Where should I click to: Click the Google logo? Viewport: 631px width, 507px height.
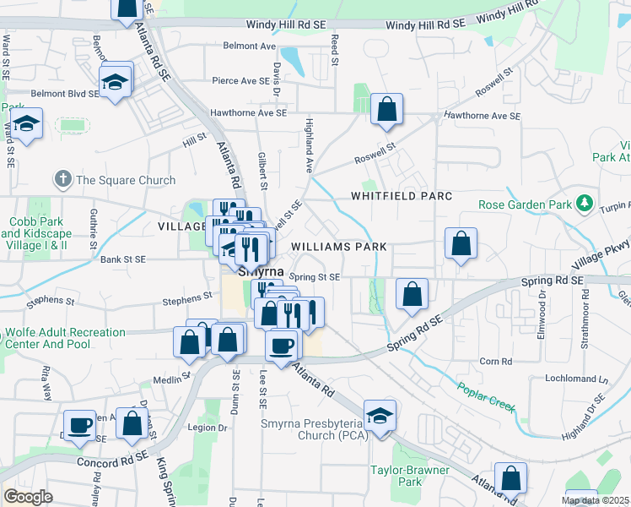pyautogui.click(x=28, y=497)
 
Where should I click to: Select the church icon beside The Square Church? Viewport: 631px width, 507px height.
pyautogui.click(x=62, y=179)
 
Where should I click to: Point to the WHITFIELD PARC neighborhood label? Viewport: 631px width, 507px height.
pyautogui.click(x=402, y=196)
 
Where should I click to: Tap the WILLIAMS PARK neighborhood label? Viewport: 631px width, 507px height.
pyautogui.click(x=339, y=247)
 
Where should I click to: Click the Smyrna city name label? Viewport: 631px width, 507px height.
pyautogui.click(x=260, y=273)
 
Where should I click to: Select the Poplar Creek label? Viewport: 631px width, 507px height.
pyautogui.click(x=487, y=397)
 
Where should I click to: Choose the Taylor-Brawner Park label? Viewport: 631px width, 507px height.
pyautogui.click(x=396, y=476)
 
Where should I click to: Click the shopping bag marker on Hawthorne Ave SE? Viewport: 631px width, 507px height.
pyautogui.click(x=386, y=109)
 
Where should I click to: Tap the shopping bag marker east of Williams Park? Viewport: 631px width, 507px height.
pyautogui.click(x=461, y=244)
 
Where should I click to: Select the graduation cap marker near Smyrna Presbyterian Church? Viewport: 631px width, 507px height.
pyautogui.click(x=380, y=416)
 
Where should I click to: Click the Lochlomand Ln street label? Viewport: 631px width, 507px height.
pyautogui.click(x=576, y=379)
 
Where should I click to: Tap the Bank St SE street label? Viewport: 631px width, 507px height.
pyautogui.click(x=122, y=259)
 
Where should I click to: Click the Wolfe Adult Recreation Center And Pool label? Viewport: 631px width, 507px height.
pyautogui.click(x=65, y=339)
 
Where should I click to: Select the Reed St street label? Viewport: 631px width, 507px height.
pyautogui.click(x=335, y=51)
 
